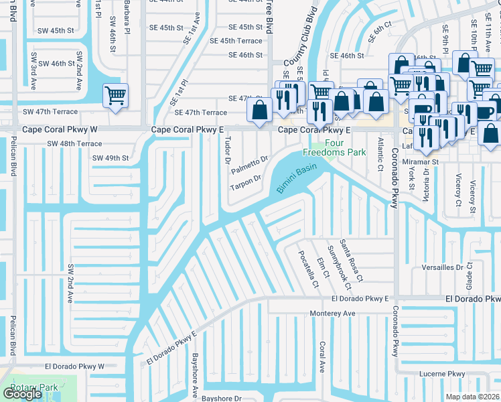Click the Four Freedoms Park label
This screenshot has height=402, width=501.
(x=346, y=148)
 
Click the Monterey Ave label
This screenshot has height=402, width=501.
(x=332, y=313)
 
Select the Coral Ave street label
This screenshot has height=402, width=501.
(x=322, y=356)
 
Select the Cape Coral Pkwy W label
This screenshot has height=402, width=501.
(x=60, y=130)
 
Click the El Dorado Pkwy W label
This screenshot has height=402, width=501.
(x=74, y=366)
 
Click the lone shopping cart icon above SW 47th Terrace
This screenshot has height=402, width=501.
(x=115, y=96)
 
